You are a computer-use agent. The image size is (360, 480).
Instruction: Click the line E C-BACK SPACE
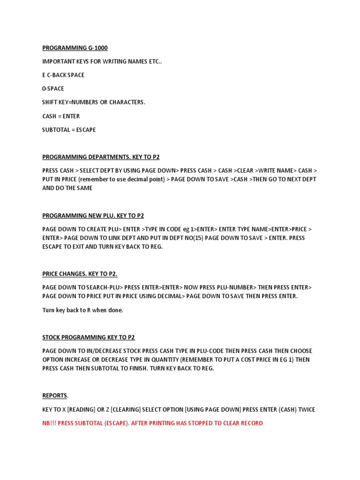click(x=63, y=75)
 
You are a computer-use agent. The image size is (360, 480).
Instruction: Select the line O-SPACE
click(x=53, y=89)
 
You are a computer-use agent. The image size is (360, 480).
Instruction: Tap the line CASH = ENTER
click(x=61, y=116)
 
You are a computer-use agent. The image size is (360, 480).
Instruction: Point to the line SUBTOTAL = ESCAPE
click(x=69, y=129)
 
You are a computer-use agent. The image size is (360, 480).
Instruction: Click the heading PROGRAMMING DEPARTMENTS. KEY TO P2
click(x=104, y=157)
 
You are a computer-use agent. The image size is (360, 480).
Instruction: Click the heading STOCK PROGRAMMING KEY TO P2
click(x=89, y=337)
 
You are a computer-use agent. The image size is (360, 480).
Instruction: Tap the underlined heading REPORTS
click(x=55, y=396)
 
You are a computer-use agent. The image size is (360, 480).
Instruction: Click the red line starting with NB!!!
click(x=152, y=423)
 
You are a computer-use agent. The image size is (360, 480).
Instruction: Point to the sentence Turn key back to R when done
click(x=82, y=310)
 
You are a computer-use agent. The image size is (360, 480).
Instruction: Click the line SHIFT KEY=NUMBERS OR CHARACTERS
click(x=94, y=102)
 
